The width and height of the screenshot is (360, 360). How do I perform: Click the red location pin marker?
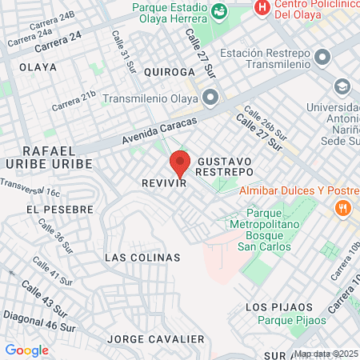[x=180, y=163]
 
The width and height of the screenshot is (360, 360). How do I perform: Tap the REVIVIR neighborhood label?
[x=164, y=183]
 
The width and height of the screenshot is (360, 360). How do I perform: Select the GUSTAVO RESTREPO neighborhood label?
[x=225, y=166]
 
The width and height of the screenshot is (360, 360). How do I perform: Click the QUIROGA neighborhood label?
[x=170, y=71]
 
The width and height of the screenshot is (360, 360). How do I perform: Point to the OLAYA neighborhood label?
[x=38, y=67]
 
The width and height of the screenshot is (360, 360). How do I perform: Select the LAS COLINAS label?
[x=142, y=258]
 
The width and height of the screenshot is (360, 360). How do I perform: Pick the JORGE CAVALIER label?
[x=155, y=339]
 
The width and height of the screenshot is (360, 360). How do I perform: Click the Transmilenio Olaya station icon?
[x=211, y=98]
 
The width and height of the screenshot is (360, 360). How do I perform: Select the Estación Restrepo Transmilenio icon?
[x=322, y=58]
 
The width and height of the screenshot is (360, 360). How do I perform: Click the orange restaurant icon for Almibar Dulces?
[x=343, y=207]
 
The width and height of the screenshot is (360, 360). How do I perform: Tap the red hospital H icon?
[x=261, y=8]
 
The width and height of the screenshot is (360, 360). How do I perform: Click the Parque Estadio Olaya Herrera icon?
[x=220, y=10]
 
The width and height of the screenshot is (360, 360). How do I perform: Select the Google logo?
[x=26, y=350]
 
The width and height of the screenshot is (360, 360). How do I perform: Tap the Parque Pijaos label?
[x=297, y=320]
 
